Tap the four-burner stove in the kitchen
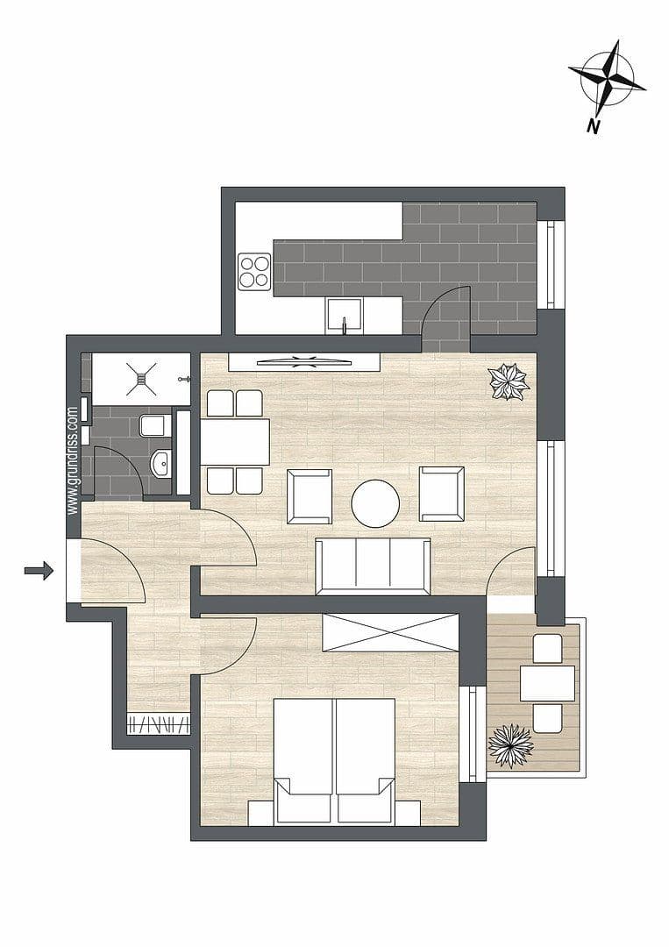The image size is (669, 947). click(x=254, y=271)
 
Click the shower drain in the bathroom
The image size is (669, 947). click(x=141, y=380)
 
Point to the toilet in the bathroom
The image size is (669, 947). click(x=152, y=426)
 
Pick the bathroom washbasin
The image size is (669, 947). click(x=160, y=463)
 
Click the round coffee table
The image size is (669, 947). click(x=375, y=503)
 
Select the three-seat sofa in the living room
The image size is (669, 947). click(x=373, y=566)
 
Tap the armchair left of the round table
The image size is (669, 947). click(x=310, y=495)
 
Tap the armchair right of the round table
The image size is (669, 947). click(x=441, y=494)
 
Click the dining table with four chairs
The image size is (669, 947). click(x=235, y=442)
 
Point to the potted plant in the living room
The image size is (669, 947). click(x=509, y=381)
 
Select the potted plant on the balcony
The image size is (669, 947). click(x=510, y=745)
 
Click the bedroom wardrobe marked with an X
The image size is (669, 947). click(x=390, y=632)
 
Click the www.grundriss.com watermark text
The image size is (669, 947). click(x=74, y=458)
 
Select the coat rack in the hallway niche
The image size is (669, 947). click(x=159, y=724)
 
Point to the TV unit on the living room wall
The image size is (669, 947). click(x=303, y=360)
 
